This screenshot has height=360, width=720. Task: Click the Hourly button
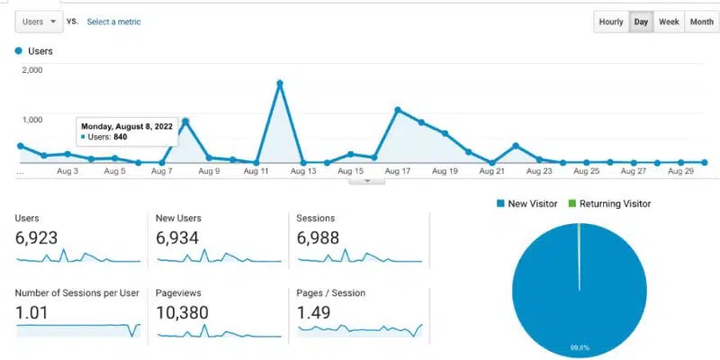pyautogui.click(x=611, y=22)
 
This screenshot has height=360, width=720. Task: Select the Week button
pyautogui.click(x=669, y=22)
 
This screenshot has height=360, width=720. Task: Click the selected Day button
pyautogui.click(x=641, y=22)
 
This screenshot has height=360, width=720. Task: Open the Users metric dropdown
pyautogui.click(x=39, y=21)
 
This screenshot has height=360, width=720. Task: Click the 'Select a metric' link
pyautogui.click(x=113, y=22)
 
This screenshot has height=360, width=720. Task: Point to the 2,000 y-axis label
pyautogui.click(x=31, y=69)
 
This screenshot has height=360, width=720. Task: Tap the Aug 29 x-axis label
pyautogui.click(x=680, y=171)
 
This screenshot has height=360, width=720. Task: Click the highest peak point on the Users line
pyautogui.click(x=280, y=83)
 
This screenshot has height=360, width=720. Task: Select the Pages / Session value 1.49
pyautogui.click(x=315, y=312)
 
